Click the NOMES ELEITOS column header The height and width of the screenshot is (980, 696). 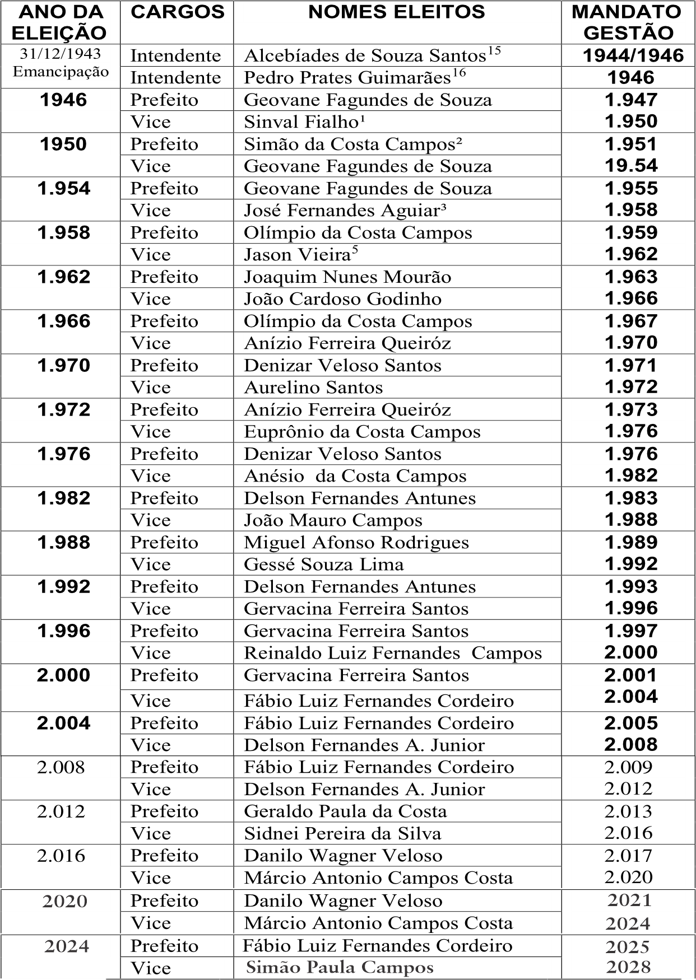pos(397,12)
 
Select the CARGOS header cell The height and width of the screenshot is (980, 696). pos(177,12)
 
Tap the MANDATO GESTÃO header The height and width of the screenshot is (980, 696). pos(628,22)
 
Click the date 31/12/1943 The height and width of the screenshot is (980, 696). pos(61,54)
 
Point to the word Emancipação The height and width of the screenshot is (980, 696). pos(61,72)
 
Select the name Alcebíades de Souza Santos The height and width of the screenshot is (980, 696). pos(365,56)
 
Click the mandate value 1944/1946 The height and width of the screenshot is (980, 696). pos(633,56)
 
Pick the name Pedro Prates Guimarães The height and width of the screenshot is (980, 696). pos(347,78)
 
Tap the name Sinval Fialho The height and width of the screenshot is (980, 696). pos(301,122)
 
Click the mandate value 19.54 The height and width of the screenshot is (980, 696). pos(631,166)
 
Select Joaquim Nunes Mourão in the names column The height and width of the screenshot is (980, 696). pos(347,277)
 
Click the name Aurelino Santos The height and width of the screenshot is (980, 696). pos(313,388)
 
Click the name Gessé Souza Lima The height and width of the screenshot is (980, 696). pos(323,564)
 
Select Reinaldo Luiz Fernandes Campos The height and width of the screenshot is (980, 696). pos(393,654)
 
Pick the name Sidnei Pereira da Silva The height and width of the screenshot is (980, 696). pos(342,834)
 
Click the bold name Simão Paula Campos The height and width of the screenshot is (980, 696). pos(340,968)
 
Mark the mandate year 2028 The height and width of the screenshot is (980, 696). pos(628,967)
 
